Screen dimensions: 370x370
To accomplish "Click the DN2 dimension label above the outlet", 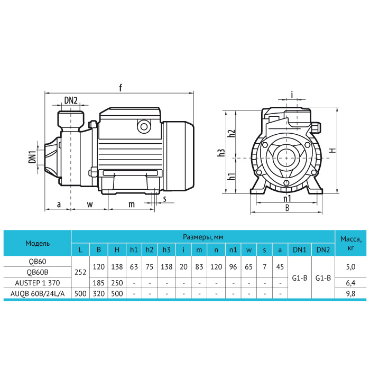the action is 71,100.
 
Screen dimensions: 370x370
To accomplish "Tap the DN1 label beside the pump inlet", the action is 32,156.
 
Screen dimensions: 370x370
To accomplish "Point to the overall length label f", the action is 121,88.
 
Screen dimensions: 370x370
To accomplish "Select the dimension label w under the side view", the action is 90,204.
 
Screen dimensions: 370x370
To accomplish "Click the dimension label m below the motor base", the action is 132,204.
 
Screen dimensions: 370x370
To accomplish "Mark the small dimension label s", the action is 164,199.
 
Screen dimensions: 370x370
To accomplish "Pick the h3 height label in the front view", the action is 221,153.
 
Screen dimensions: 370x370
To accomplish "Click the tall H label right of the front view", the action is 332,150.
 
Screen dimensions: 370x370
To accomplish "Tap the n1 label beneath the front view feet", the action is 287,199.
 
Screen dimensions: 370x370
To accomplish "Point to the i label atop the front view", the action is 292,95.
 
